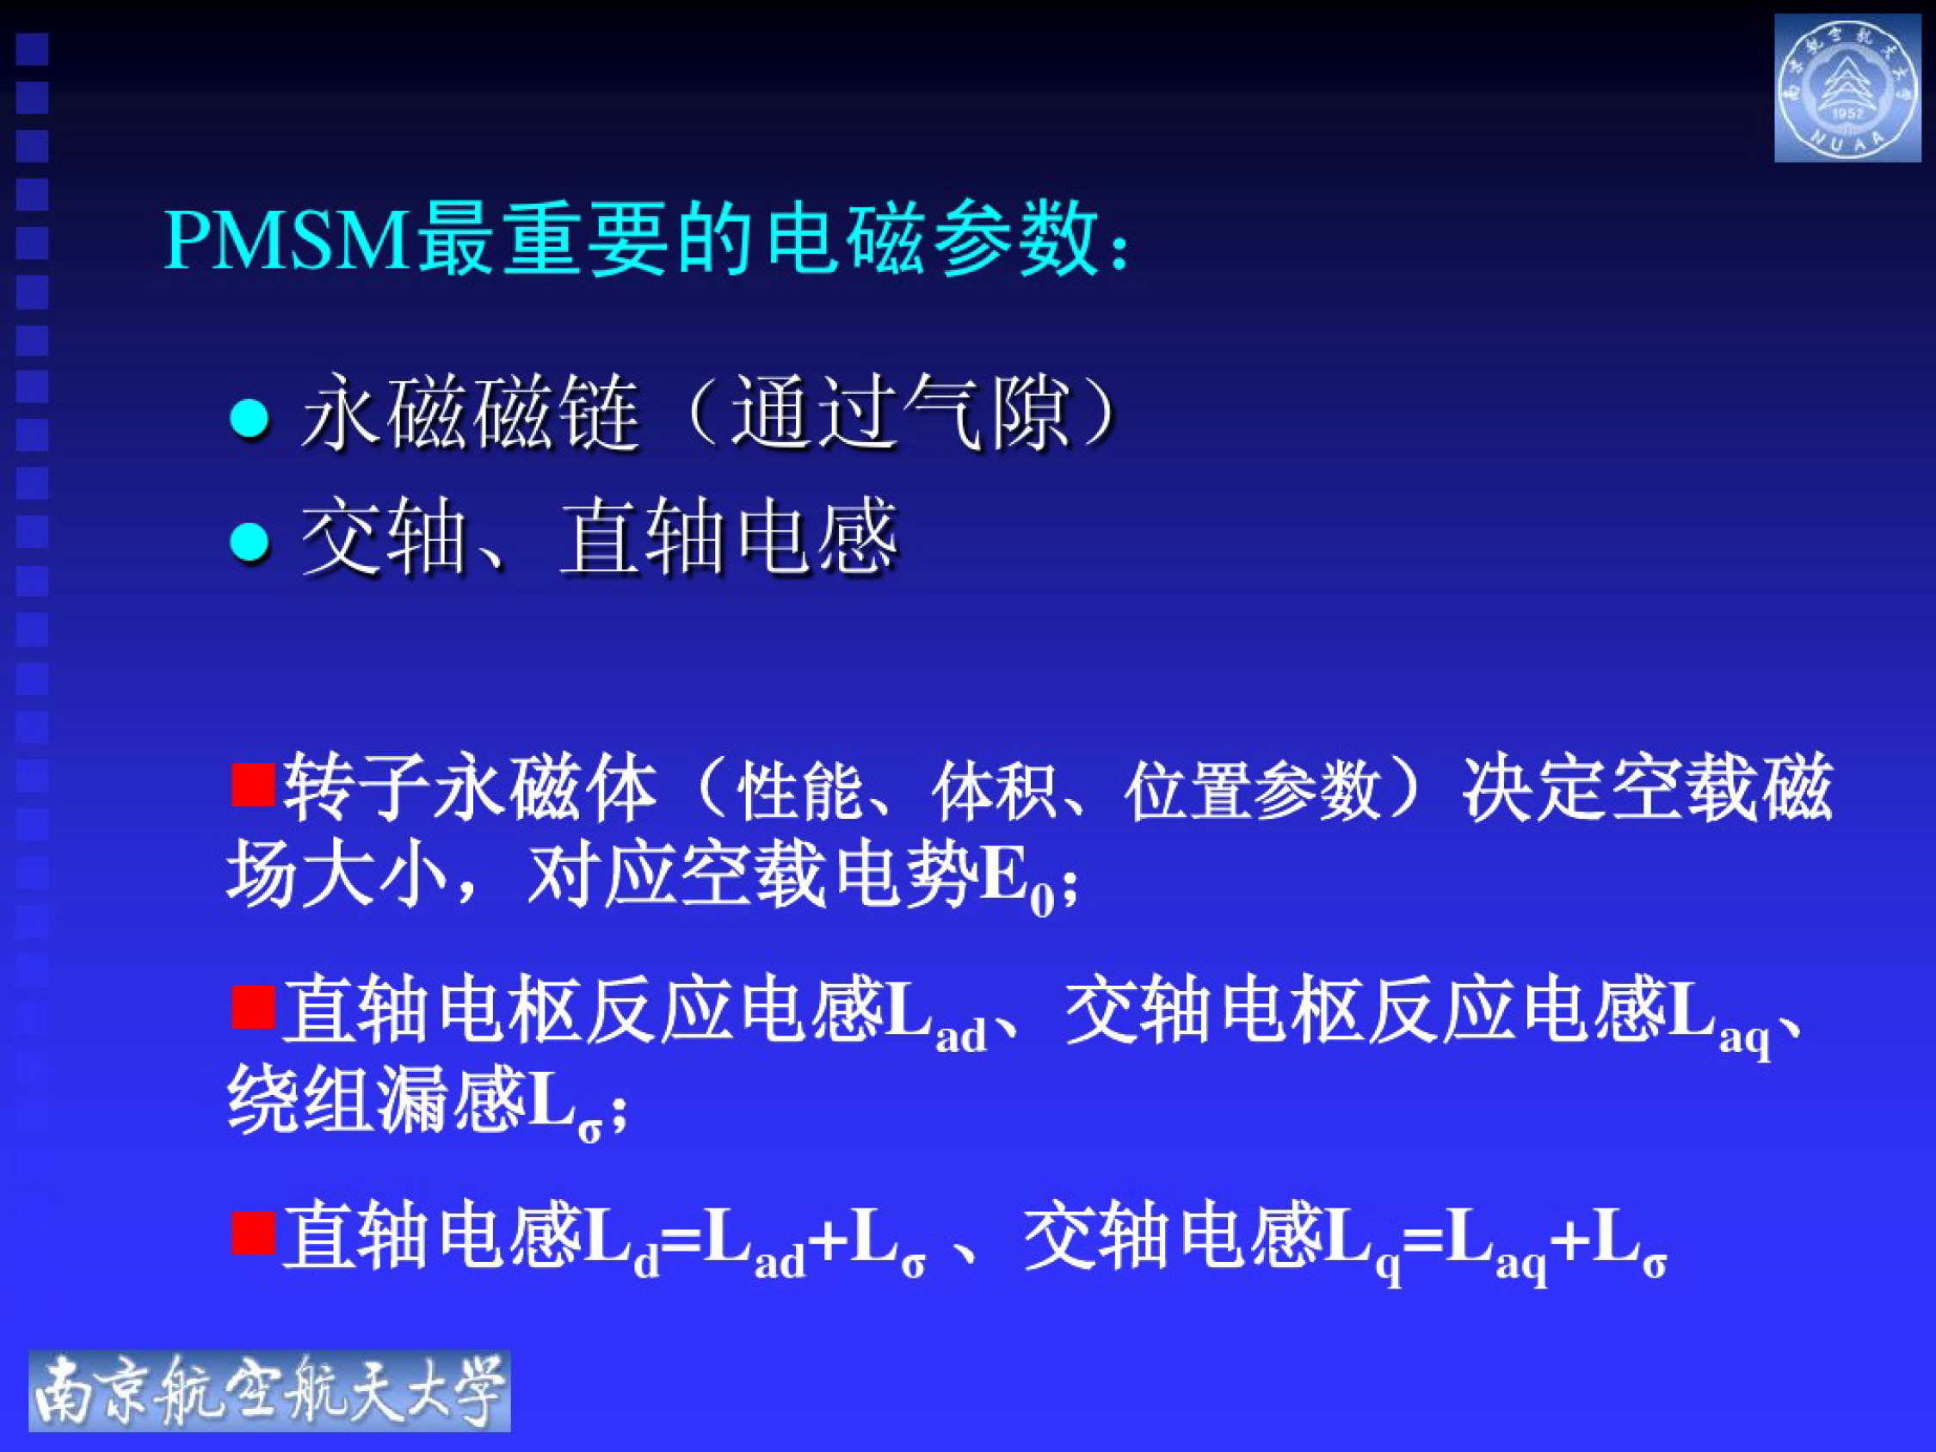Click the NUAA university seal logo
coord(1847,89)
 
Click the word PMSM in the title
coord(287,240)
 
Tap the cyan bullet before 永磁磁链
coord(249,418)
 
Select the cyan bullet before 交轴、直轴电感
coord(249,543)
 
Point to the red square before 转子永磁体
coord(253,784)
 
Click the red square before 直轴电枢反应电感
coord(253,1006)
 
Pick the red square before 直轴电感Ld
coord(253,1232)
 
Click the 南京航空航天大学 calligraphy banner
coord(269,1391)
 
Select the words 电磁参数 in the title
coord(932,240)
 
